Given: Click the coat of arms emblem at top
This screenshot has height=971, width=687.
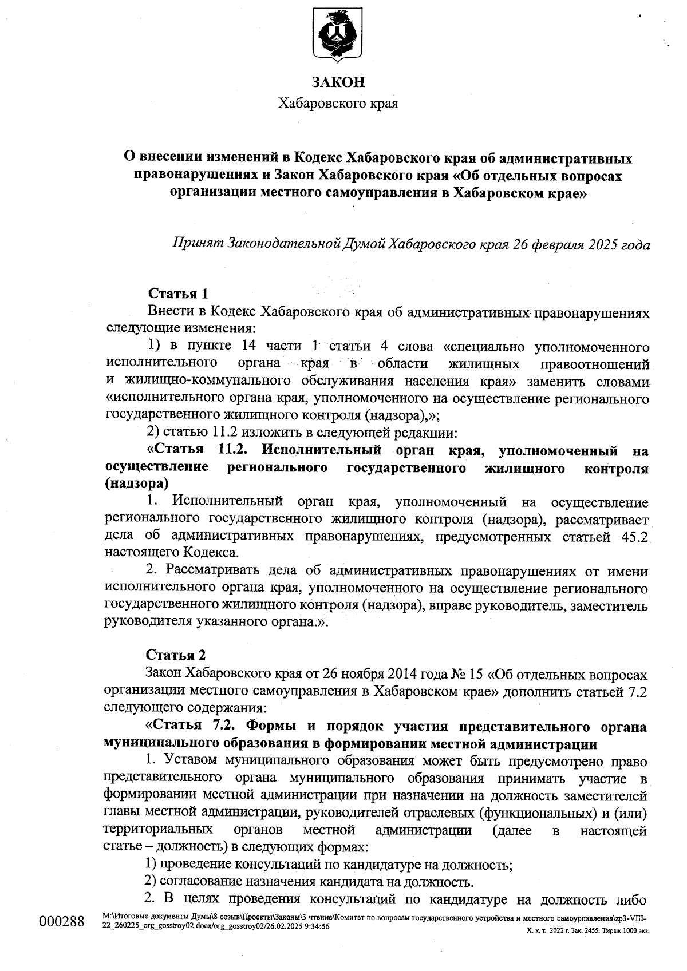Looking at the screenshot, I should [x=338, y=35].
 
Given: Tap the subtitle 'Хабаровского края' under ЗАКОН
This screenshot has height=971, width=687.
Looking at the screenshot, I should [x=338, y=104].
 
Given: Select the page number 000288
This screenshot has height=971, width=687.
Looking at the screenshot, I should [x=61, y=921].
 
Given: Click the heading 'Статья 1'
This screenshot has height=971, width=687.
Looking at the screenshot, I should [x=177, y=294].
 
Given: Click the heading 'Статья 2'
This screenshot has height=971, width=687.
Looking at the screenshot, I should [x=176, y=655].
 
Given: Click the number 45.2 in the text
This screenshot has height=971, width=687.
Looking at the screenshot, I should [x=635, y=537].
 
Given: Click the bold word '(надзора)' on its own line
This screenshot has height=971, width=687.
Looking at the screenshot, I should [x=137, y=483].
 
